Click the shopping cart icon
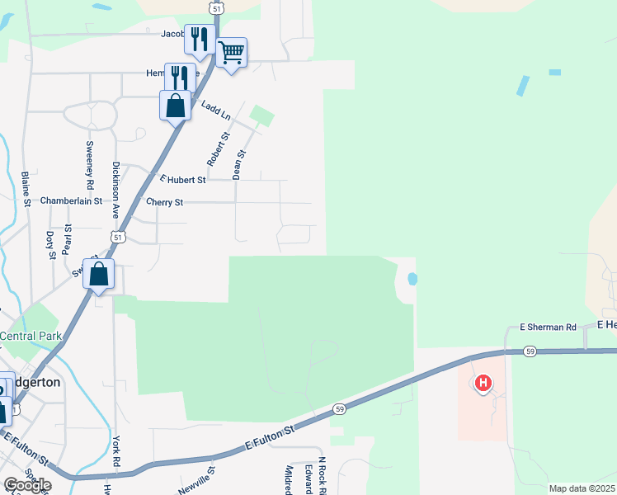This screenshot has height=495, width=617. [232, 53]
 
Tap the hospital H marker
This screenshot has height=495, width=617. [483, 383]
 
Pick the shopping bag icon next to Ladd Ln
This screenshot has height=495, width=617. [175, 106]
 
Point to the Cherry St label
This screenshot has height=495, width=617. [164, 202]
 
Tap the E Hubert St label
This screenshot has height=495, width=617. [182, 179]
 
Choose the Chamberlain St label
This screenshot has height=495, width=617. [71, 200]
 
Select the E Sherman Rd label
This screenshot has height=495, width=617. [548, 328]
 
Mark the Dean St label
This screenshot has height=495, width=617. [239, 164]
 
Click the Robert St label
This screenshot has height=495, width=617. [218, 149]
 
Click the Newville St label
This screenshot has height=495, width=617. [196, 480]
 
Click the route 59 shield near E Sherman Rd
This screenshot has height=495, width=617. [530, 351]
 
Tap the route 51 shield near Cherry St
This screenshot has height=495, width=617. [118, 238]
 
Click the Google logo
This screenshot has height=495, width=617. [27, 485]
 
